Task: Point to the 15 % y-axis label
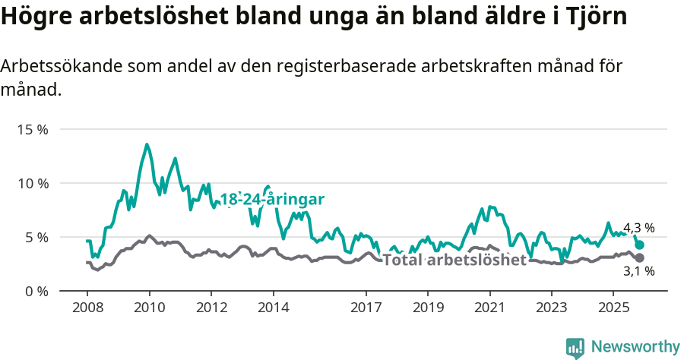coord(32,129)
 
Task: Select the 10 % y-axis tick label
coord(32,183)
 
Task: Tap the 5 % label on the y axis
coord(35,237)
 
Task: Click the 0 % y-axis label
coord(35,291)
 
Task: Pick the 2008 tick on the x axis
coord(87,308)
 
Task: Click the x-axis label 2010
coord(149,308)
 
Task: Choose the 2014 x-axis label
coord(273,308)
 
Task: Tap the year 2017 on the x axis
coord(366,308)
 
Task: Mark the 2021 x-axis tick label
coord(489,308)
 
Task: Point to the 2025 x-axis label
coord(613,308)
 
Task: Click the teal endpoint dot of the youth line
coord(640,245)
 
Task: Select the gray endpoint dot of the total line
coord(640,257)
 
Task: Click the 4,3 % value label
coord(638,228)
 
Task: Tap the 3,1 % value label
coord(638,271)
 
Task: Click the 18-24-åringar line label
coord(272,200)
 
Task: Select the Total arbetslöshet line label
coord(454,261)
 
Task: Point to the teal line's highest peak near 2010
coord(147,144)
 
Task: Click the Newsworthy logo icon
coord(575,347)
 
